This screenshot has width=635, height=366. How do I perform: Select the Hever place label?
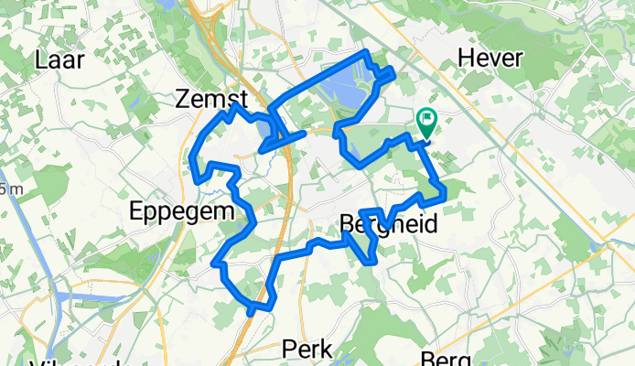[x=490, y=59]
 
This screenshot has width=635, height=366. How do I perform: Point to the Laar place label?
[x=59, y=60]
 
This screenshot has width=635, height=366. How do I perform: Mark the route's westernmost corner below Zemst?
[x=191, y=161]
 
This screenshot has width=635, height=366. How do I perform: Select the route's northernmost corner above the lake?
[x=365, y=52]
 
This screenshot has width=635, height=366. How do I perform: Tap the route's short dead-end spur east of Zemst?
[x=303, y=134]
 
